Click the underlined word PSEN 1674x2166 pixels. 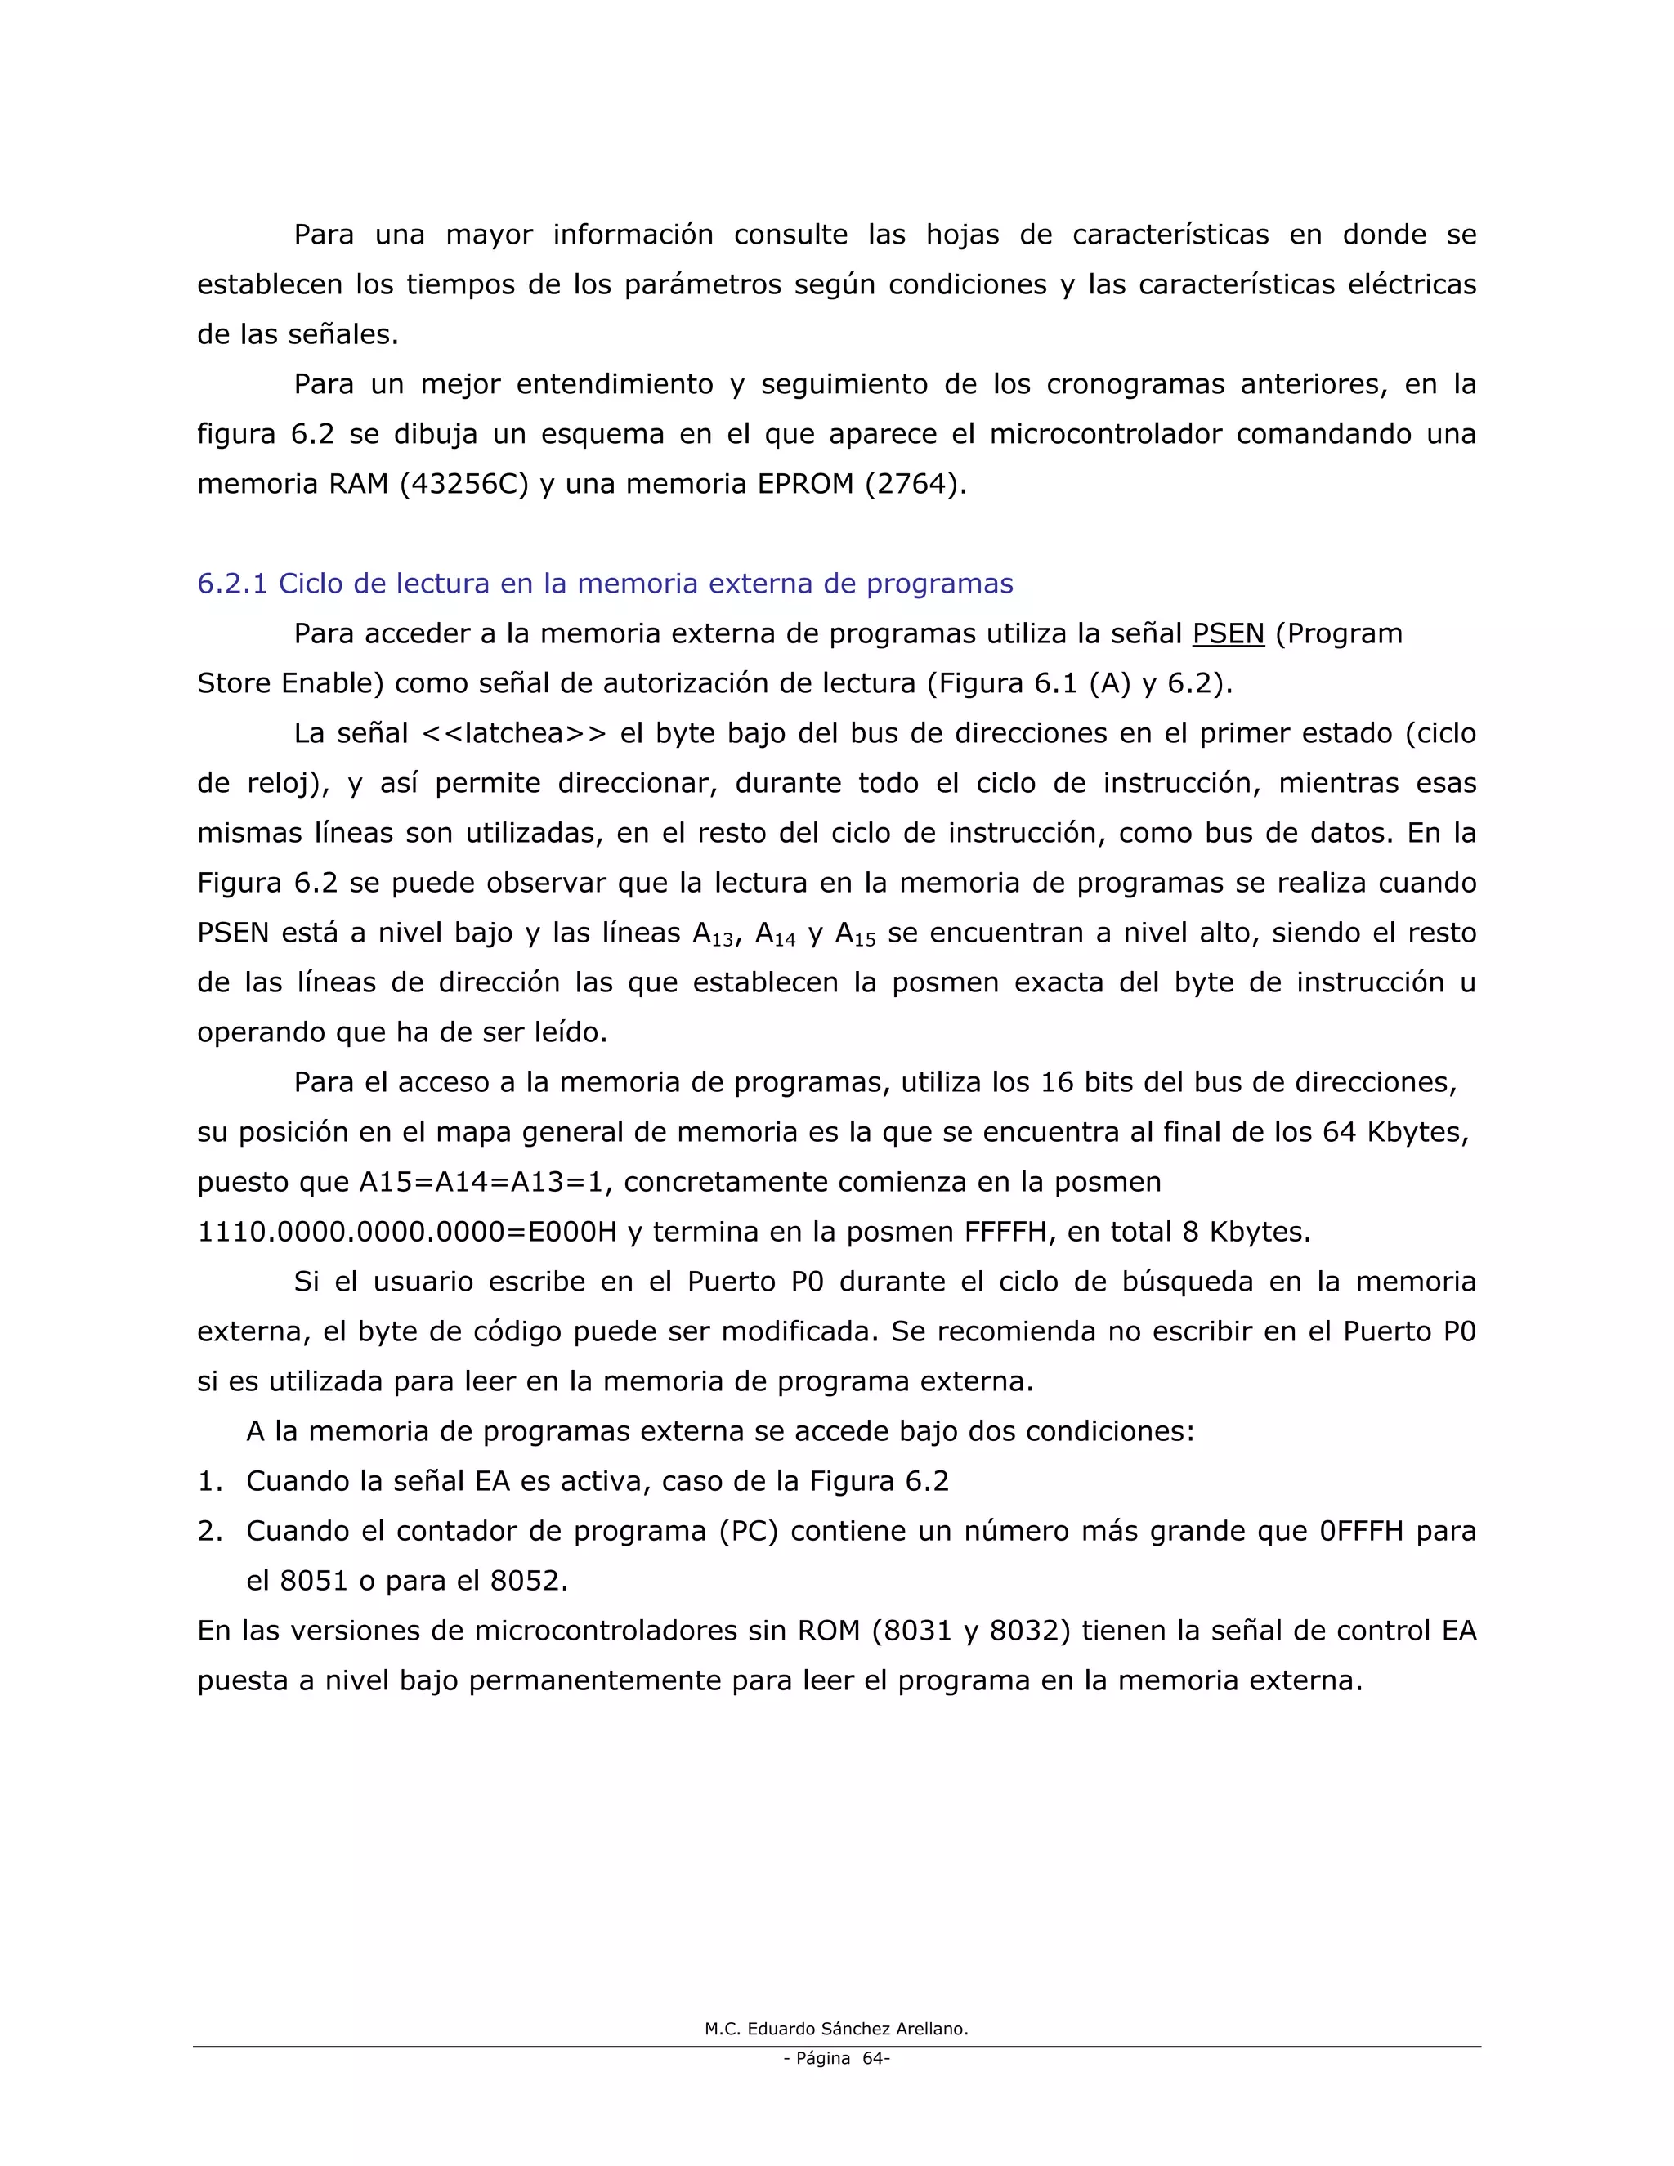1228,633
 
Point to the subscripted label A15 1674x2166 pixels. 856,934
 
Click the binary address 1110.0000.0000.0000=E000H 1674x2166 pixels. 406,1233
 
